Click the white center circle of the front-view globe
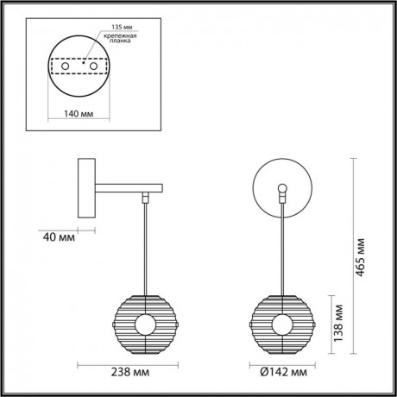coord(282,325)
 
